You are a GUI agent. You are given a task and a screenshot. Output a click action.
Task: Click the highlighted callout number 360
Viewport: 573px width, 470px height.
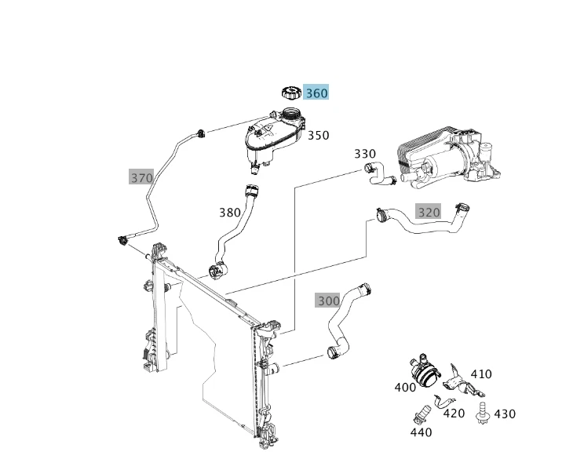click(x=316, y=93)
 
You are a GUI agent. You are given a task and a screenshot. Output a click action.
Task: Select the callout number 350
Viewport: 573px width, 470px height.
click(x=318, y=135)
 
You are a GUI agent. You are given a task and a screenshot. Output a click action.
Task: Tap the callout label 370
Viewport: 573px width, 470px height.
click(x=141, y=177)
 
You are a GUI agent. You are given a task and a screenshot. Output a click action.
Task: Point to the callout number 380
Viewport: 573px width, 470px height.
click(x=230, y=212)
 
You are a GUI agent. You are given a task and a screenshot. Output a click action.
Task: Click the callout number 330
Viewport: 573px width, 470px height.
click(x=365, y=154)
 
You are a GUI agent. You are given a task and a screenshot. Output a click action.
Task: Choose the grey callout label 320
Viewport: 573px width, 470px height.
click(x=429, y=212)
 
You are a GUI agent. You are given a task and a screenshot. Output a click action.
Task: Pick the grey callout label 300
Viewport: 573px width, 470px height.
click(x=328, y=301)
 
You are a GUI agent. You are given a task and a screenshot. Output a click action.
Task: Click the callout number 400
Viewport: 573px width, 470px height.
click(x=406, y=387)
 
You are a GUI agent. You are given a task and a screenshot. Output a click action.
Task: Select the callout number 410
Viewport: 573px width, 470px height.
click(x=481, y=373)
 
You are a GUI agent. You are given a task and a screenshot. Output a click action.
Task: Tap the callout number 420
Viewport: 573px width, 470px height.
click(x=454, y=413)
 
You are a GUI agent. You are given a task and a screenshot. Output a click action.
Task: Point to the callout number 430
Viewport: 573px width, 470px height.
click(x=505, y=414)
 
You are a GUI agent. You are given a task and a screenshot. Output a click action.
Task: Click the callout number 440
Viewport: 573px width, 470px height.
click(x=421, y=432)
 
